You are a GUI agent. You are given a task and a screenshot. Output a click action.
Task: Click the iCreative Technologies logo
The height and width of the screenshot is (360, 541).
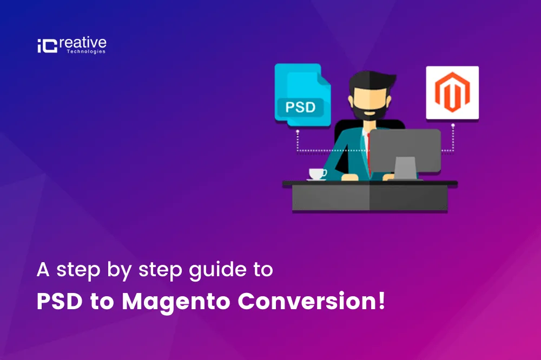(72, 45)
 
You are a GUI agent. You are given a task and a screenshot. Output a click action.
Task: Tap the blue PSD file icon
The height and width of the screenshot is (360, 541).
(302, 95)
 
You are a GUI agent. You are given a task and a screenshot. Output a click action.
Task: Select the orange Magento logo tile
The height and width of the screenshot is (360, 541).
(452, 93)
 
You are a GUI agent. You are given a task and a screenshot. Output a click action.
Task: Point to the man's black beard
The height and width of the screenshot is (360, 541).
(369, 110)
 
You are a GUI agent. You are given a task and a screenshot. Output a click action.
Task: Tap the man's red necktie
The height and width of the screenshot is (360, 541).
(368, 152)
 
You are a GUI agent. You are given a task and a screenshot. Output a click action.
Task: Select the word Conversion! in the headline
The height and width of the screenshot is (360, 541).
(311, 301)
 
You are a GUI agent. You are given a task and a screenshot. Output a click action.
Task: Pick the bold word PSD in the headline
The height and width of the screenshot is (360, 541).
(60, 302)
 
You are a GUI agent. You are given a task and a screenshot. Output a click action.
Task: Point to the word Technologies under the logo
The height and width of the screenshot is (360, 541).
(86, 52)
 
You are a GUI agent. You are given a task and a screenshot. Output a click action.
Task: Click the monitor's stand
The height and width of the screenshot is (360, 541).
(405, 168)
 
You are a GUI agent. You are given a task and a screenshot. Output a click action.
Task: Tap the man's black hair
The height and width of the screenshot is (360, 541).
(371, 80)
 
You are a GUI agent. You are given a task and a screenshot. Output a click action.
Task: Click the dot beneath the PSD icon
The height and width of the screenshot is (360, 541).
(298, 131)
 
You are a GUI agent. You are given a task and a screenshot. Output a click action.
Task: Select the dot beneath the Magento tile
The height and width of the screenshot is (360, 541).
(453, 125)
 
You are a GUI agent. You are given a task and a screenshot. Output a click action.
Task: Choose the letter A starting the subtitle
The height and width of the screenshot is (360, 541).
(43, 269)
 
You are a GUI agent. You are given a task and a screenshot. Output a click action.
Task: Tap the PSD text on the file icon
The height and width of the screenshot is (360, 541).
(300, 107)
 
